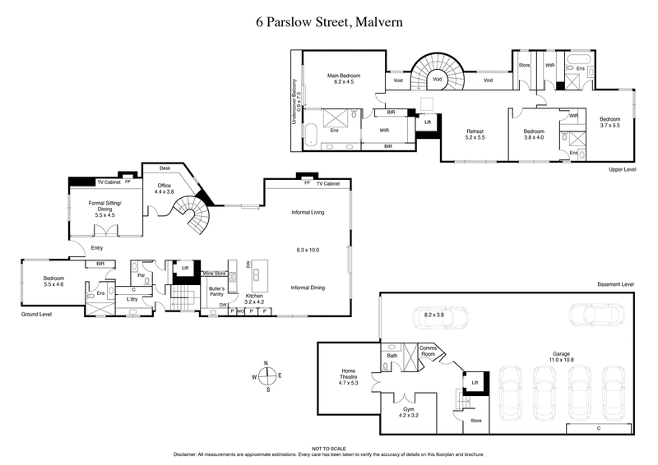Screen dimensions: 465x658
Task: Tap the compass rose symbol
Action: click(266, 375)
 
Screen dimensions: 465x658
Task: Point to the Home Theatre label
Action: click(350, 379)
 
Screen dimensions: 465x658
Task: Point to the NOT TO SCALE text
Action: click(328, 449)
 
